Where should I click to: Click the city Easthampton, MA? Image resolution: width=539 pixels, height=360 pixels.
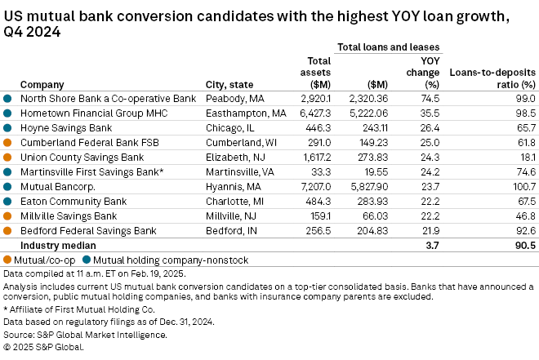tap(245, 113)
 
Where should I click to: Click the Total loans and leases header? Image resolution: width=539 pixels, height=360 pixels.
tap(389, 47)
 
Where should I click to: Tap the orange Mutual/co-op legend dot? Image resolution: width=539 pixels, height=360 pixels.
tap(8, 259)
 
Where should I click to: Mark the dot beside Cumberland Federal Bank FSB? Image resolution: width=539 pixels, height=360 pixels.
tap(8, 142)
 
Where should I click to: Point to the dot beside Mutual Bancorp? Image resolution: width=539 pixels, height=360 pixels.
tap(8, 186)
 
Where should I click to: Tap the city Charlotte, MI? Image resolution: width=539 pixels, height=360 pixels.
tap(234, 201)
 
